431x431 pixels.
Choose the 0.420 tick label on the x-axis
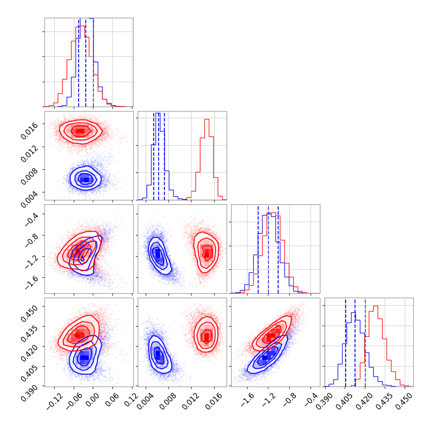[363, 399]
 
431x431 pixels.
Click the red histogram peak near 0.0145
[207, 119]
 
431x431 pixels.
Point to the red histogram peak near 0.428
[375, 306]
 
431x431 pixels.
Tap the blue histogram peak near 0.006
[158, 113]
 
